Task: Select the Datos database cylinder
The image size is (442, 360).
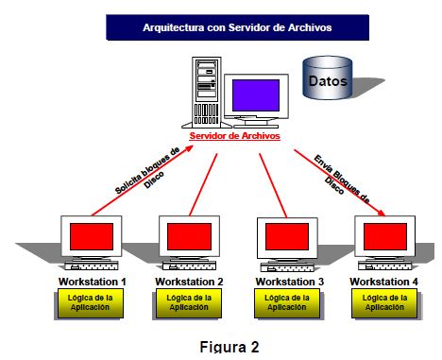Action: coord(327,80)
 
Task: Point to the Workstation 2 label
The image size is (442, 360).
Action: coord(189,282)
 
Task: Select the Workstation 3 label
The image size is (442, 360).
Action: coord(287,282)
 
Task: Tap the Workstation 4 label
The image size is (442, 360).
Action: coord(383,282)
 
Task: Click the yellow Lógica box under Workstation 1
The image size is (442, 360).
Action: coord(90,302)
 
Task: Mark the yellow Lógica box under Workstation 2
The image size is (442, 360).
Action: coord(189,302)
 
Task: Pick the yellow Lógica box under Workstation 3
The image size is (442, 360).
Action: coord(287,302)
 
